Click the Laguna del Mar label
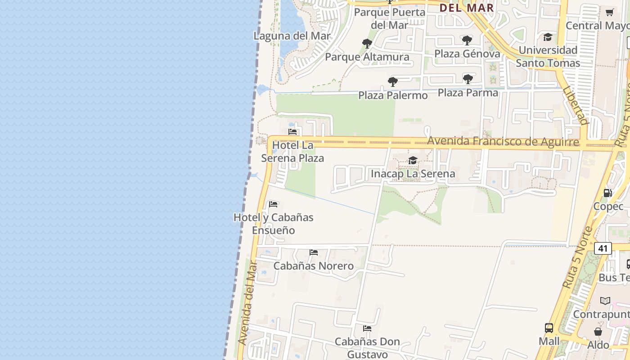click(x=292, y=36)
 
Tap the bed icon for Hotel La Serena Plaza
click(x=292, y=132)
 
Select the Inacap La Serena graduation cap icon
click(x=413, y=161)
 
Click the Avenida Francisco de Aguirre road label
click(x=503, y=142)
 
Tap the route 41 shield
click(x=603, y=248)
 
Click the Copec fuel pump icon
click(x=608, y=193)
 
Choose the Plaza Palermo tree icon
click(x=393, y=82)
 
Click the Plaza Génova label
click(x=467, y=54)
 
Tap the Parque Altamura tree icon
click(x=367, y=44)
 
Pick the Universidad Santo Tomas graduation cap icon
click(x=548, y=37)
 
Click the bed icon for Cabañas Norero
click(x=314, y=252)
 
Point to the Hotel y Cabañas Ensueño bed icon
click(x=273, y=204)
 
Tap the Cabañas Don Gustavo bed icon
click(x=367, y=328)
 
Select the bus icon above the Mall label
click(x=549, y=328)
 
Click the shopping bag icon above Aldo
click(x=598, y=332)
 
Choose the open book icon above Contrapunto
click(x=605, y=301)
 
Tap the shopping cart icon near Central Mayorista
click(x=609, y=12)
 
